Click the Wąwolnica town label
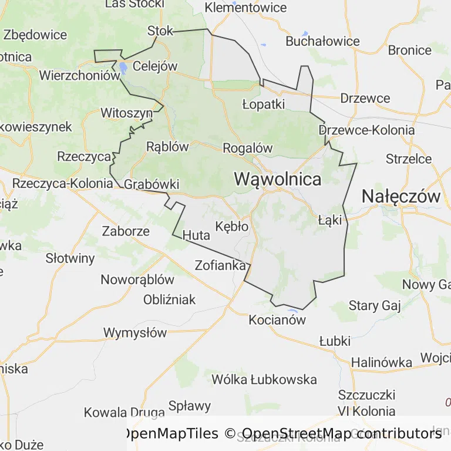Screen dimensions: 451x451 [x=278, y=179]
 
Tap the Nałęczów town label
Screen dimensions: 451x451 [x=401, y=196]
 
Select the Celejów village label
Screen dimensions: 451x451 [x=155, y=66]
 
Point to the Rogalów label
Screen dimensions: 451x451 [x=248, y=148]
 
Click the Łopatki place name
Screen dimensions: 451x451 [x=264, y=105]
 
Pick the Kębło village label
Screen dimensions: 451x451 [x=233, y=226]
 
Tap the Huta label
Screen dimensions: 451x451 [x=196, y=235]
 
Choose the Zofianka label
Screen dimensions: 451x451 [x=220, y=265]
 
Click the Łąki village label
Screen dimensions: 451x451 [x=329, y=221]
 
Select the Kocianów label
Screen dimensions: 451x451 [x=278, y=320]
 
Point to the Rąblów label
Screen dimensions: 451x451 [x=167, y=146]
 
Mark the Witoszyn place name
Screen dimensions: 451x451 [x=127, y=112]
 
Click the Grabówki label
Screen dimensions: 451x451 [x=152, y=184]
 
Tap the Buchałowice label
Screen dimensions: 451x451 [x=322, y=41]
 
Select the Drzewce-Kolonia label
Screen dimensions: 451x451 [x=367, y=130]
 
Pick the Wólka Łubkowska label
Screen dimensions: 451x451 [x=264, y=379]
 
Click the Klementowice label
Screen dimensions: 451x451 [x=245, y=8]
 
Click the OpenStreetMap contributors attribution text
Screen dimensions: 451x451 [x=342, y=433]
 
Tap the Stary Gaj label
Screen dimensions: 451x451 [x=374, y=305]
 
